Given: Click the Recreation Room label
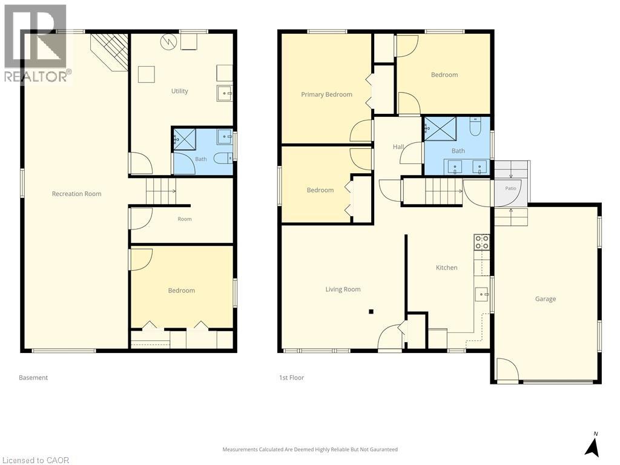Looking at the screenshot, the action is click(77, 194).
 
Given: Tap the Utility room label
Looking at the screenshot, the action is click(179, 91).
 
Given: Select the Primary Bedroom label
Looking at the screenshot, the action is click(326, 94).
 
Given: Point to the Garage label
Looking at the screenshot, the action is click(546, 299).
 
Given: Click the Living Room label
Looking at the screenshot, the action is click(343, 289).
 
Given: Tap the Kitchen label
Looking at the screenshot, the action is click(446, 268).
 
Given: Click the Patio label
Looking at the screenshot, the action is click(510, 188).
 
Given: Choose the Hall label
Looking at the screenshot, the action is click(398, 147).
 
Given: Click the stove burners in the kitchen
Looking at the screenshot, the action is click(481, 242).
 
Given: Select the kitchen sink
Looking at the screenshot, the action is click(481, 294).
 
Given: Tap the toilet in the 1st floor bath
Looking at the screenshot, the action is click(475, 126).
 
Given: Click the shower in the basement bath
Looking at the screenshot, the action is click(185, 139).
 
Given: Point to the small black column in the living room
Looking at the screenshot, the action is click(371, 312).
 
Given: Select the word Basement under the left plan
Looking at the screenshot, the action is click(33, 378).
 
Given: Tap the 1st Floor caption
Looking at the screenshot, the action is click(291, 378).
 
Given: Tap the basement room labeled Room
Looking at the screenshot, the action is click(185, 219).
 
